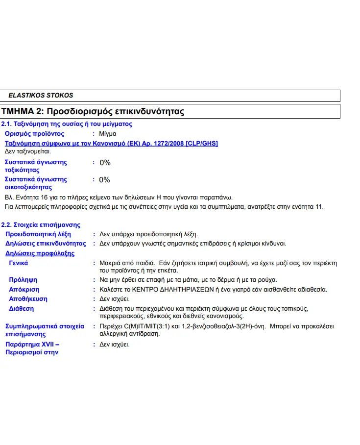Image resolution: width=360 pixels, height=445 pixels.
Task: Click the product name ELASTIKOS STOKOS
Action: pyautogui.click(x=41, y=96)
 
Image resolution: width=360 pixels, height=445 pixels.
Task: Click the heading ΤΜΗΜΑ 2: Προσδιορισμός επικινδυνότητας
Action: pyautogui.click(x=93, y=112)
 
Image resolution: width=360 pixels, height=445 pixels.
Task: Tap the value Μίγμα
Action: pyautogui.click(x=108, y=134)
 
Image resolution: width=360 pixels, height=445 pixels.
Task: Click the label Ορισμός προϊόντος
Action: pyautogui.click(x=34, y=134)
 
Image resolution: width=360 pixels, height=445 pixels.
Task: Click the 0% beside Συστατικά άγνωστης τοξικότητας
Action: pyautogui.click(x=105, y=163)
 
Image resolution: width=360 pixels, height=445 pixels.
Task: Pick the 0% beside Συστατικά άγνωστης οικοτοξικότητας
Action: pyautogui.click(x=105, y=180)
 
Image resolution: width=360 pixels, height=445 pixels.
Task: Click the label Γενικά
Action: pyautogui.click(x=19, y=263)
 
